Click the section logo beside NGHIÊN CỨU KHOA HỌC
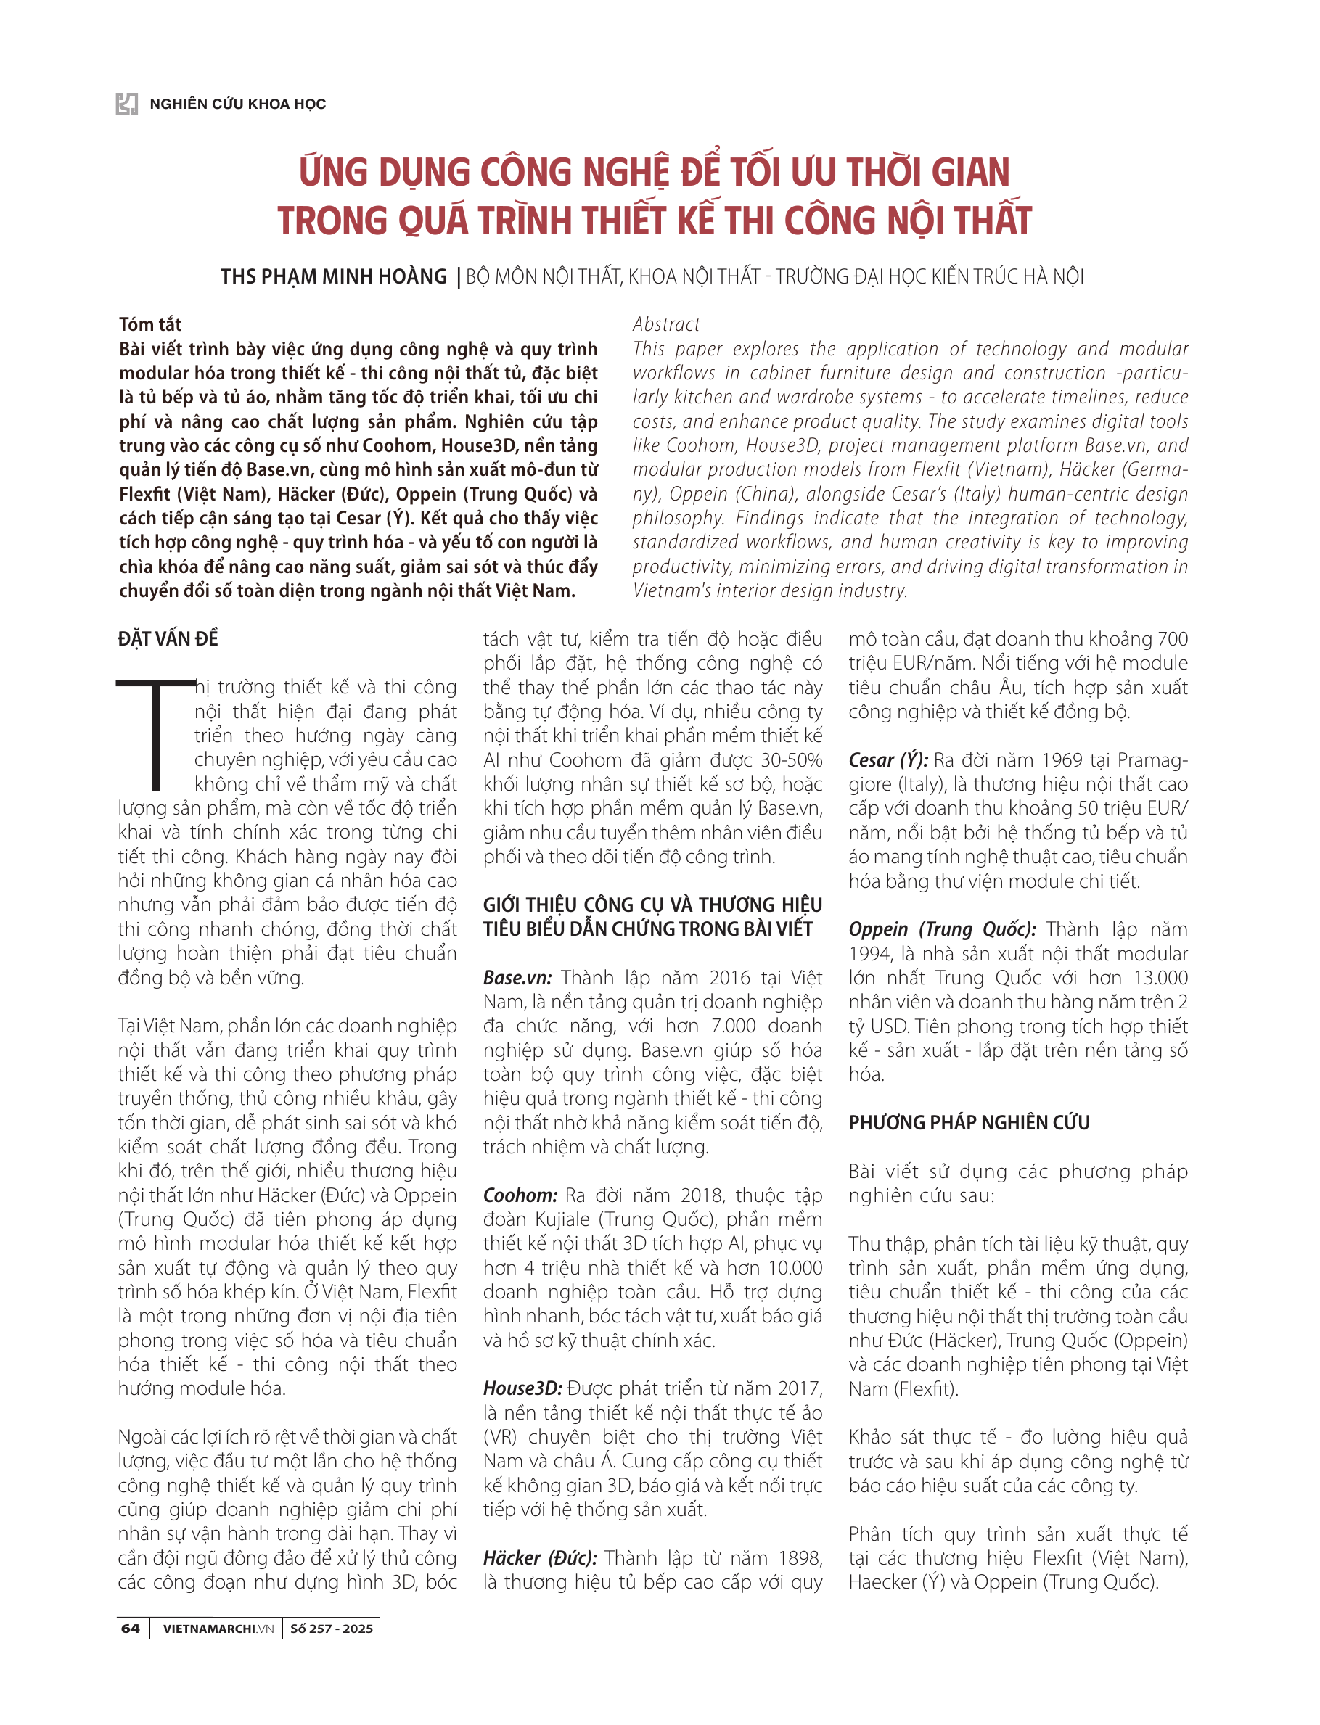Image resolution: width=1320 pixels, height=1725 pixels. [x=126, y=104]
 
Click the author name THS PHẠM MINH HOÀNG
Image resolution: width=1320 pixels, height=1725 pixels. [x=333, y=276]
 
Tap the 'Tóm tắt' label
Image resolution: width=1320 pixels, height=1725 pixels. [x=150, y=324]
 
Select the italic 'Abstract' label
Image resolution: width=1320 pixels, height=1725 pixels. [x=665, y=324]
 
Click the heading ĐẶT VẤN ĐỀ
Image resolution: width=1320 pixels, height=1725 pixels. [x=168, y=638]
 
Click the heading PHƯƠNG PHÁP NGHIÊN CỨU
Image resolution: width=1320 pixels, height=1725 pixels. [x=968, y=1122]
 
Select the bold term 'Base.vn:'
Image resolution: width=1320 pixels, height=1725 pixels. [x=517, y=977]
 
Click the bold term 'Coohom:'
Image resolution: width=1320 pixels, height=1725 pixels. [x=520, y=1195]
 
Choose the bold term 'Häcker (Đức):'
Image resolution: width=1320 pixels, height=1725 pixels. [x=540, y=1557]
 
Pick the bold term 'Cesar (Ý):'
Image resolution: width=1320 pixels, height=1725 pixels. [x=887, y=759]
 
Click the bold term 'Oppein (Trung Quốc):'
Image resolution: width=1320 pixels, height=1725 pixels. [x=941, y=929]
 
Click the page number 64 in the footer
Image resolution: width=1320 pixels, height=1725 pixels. [x=131, y=1629]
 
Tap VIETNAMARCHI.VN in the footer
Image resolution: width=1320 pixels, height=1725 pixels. [x=218, y=1629]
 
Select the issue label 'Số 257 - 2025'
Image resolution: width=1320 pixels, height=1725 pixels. [x=331, y=1629]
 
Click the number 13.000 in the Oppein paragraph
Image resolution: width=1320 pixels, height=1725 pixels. [x=1159, y=977]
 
